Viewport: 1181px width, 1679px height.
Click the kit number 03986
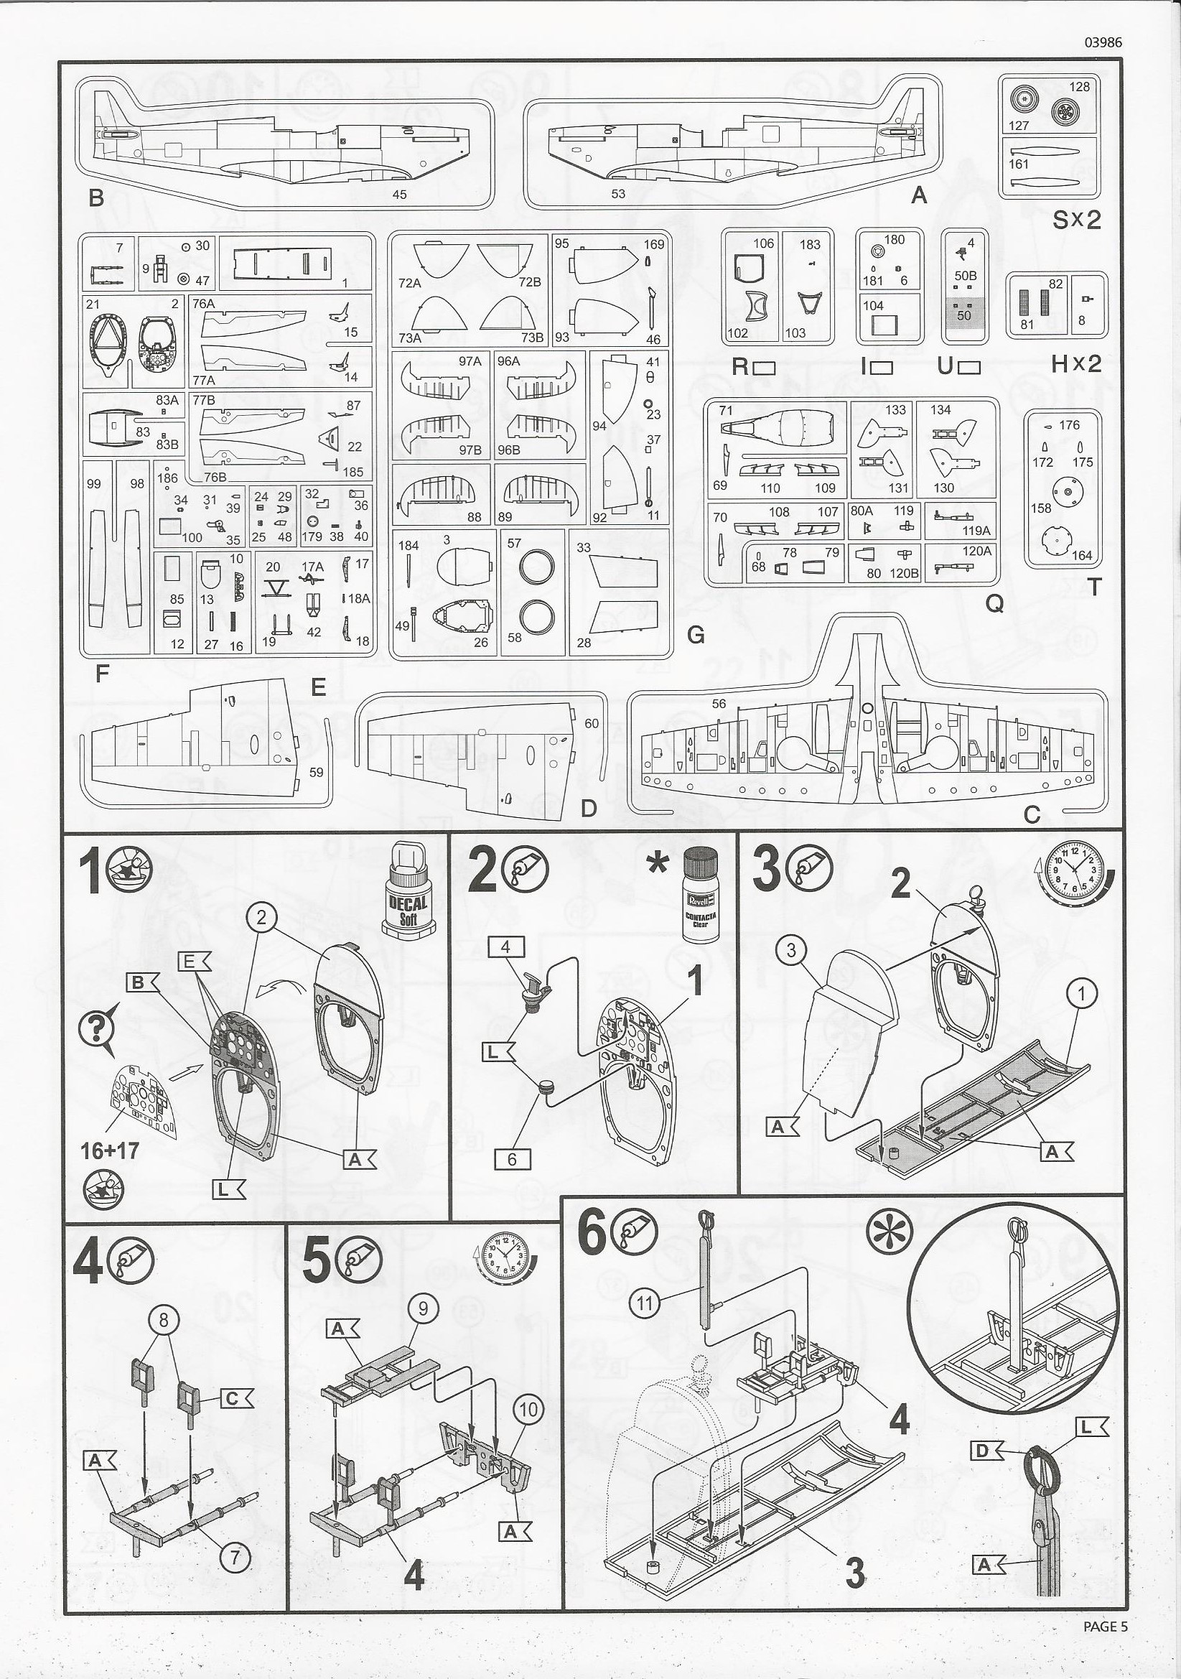point(1103,42)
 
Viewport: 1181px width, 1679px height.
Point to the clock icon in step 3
point(1074,870)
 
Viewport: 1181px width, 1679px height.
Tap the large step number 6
point(592,1234)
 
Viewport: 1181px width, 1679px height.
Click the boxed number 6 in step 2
point(511,1159)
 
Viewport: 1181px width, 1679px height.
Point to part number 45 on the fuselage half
point(399,194)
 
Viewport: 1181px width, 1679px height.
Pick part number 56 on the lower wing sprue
point(719,703)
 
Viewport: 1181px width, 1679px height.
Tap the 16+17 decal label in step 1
point(110,1150)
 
